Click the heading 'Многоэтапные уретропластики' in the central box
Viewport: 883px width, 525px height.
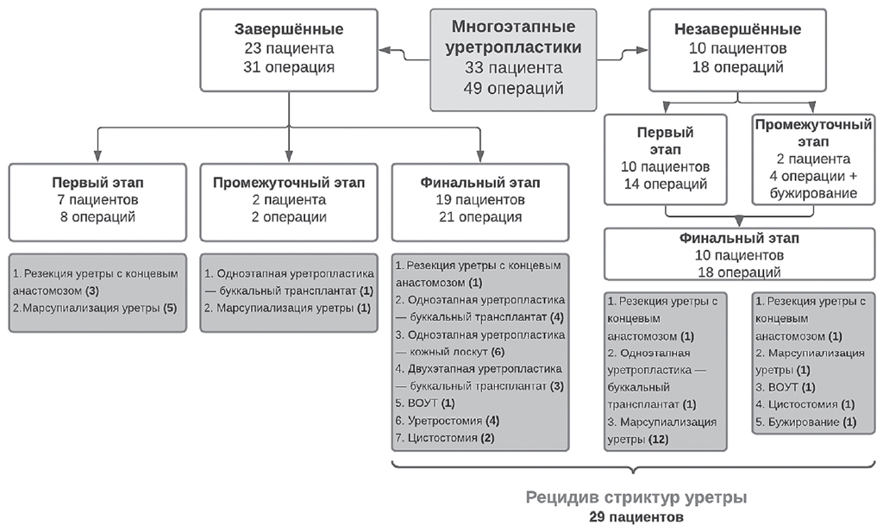coord(514,37)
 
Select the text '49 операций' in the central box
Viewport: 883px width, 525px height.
coord(514,88)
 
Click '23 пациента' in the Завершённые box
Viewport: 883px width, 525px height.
coord(289,48)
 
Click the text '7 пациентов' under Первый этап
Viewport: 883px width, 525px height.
coord(97,200)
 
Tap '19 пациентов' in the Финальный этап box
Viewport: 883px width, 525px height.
coord(480,200)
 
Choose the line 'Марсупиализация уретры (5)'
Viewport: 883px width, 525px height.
coord(100,308)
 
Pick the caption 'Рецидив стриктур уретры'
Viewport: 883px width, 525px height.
coord(636,498)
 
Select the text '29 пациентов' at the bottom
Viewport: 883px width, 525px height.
coord(636,516)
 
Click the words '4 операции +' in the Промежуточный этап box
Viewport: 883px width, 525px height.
coord(813,176)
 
